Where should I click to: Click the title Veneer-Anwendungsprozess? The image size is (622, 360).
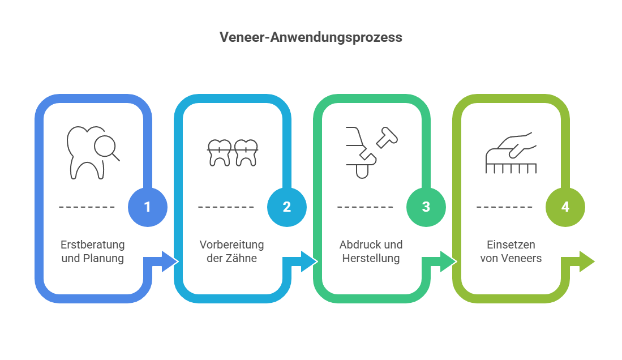point(311,37)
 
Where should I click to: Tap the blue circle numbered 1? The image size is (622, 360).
point(148,207)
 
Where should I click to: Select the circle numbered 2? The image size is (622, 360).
point(287,207)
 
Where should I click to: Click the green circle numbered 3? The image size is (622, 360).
point(426,207)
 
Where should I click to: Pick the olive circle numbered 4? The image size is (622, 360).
point(565,207)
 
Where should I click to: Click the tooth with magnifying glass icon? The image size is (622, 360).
point(93,153)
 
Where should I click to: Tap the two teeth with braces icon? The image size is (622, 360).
point(233,153)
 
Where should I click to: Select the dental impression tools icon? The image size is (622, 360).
point(372,153)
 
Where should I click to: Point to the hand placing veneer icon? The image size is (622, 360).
point(511,153)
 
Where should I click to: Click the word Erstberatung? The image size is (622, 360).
point(92,245)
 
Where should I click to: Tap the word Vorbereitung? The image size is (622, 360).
point(231,245)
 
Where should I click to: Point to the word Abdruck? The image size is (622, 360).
point(355,245)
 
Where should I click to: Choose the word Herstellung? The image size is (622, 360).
point(371,258)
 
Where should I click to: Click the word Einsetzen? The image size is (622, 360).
point(511,245)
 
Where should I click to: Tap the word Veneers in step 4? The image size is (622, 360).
point(522,258)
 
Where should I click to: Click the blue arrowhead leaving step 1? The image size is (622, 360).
point(169,262)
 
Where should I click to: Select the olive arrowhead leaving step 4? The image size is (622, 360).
point(587,262)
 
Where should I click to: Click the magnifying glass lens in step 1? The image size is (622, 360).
point(105,147)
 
